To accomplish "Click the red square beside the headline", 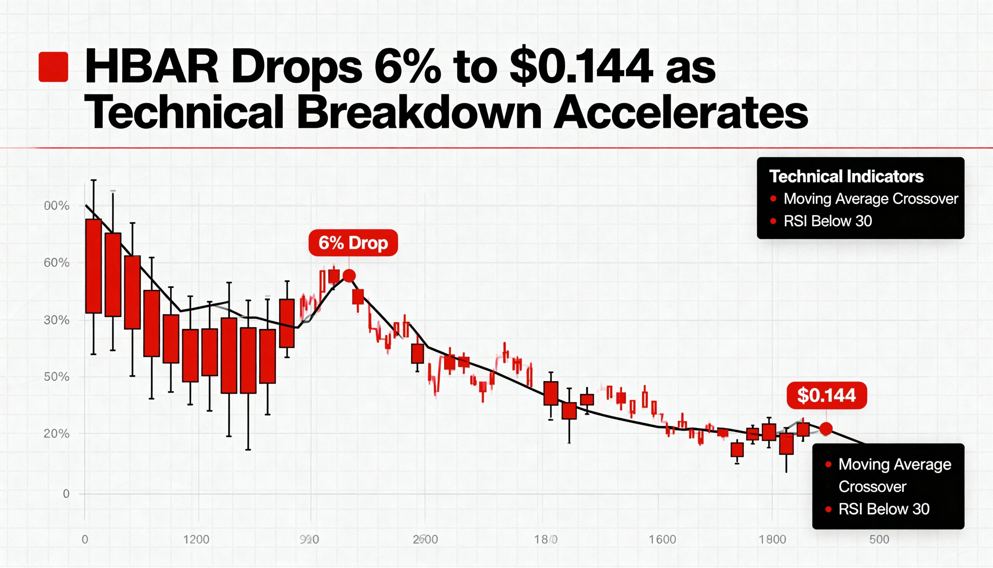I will point(54,67).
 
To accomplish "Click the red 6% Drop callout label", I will point(353,243).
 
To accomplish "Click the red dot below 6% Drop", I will point(349,276).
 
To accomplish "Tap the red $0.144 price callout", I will point(827,395).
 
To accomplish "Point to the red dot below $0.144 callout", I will point(826,429).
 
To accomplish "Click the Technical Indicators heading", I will point(846,176).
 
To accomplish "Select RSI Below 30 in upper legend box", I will point(828,221).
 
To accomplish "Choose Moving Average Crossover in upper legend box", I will point(871,199).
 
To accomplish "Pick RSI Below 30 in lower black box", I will point(884,509).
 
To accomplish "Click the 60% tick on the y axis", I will point(57,263).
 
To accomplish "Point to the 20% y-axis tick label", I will point(57,433).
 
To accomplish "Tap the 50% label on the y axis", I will point(57,377).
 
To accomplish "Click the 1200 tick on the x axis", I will point(196,540).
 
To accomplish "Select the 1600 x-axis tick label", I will point(662,540).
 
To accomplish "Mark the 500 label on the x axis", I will point(879,540).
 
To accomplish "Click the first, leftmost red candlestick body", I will point(93,266).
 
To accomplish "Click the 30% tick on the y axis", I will point(57,320).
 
